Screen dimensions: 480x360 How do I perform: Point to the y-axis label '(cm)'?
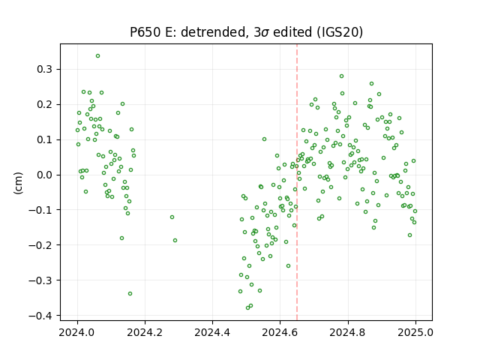(x=18, y=183)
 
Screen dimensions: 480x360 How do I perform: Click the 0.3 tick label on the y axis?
(x=44, y=70)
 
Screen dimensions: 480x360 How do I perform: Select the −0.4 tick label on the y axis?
(x=40, y=316)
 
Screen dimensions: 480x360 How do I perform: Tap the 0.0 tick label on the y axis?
(x=44, y=175)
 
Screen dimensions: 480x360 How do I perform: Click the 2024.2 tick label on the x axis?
(x=145, y=332)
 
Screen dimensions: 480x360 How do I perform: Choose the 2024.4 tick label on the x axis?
(x=212, y=332)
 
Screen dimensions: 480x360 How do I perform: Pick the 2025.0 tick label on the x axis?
(x=415, y=332)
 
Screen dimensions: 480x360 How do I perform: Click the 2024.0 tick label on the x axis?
(x=77, y=332)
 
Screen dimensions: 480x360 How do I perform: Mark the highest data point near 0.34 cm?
(x=97, y=56)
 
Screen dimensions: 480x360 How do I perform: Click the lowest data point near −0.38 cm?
(x=247, y=307)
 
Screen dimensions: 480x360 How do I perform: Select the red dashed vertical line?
(x=297, y=182)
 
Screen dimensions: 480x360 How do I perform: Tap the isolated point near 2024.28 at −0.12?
(x=172, y=217)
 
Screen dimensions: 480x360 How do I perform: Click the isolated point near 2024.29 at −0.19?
(x=175, y=240)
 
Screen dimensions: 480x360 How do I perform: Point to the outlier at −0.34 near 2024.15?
(x=130, y=293)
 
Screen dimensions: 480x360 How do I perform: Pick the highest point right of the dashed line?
(x=342, y=76)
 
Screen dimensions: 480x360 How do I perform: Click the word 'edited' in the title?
(x=292, y=31)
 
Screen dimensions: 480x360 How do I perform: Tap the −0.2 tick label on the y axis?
(x=40, y=245)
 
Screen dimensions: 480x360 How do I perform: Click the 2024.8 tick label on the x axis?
(x=348, y=332)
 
